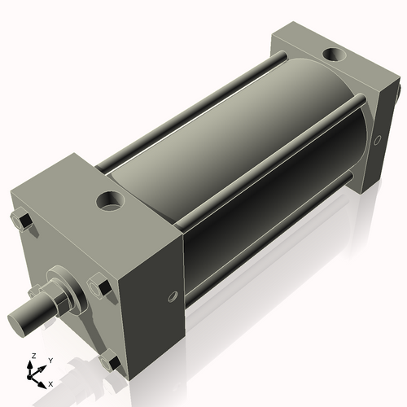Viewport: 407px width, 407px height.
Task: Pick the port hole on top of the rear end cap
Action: (x=335, y=55)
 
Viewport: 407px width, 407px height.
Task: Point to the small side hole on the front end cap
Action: (x=172, y=297)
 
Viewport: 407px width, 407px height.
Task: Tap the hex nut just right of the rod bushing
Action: (x=99, y=286)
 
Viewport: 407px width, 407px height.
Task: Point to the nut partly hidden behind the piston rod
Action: (x=34, y=291)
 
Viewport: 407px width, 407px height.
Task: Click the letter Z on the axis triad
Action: (x=33, y=357)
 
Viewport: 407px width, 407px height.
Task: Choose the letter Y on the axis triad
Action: (x=50, y=360)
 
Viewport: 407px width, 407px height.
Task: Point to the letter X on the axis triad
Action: (x=50, y=383)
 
